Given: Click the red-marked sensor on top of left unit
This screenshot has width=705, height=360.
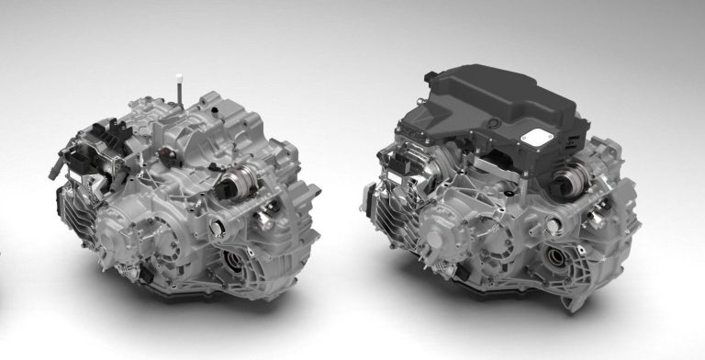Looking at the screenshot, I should pos(163,150).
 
